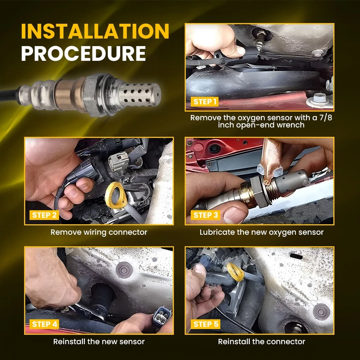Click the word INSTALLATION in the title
click(x=95, y=31)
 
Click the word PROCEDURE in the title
click(x=84, y=54)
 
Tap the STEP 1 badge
click(x=205, y=102)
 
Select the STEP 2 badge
click(x=44, y=215)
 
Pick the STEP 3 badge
click(x=205, y=215)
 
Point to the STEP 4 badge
click(x=44, y=324)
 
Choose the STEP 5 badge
click(x=205, y=324)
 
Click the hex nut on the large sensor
click(x=92, y=95)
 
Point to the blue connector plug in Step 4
click(x=162, y=316)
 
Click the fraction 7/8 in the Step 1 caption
click(x=325, y=118)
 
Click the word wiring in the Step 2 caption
click(x=95, y=232)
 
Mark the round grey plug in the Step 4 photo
click(x=124, y=270)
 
